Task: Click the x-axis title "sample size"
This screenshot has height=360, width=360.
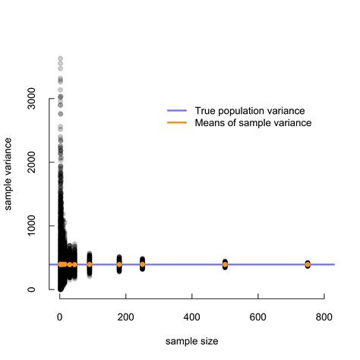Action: pos(192,343)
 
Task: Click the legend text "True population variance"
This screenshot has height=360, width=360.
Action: pos(247,110)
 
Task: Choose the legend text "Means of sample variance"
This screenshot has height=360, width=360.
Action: pos(254,123)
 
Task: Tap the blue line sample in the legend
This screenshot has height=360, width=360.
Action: pos(177,110)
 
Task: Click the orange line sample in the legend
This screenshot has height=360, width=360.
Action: pos(177,123)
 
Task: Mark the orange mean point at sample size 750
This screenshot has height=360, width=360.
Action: pos(308,264)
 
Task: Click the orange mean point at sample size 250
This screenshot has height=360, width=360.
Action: pos(142,264)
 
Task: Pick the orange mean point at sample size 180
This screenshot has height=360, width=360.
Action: pos(119,264)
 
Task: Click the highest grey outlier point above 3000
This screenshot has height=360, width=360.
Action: pos(60,58)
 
